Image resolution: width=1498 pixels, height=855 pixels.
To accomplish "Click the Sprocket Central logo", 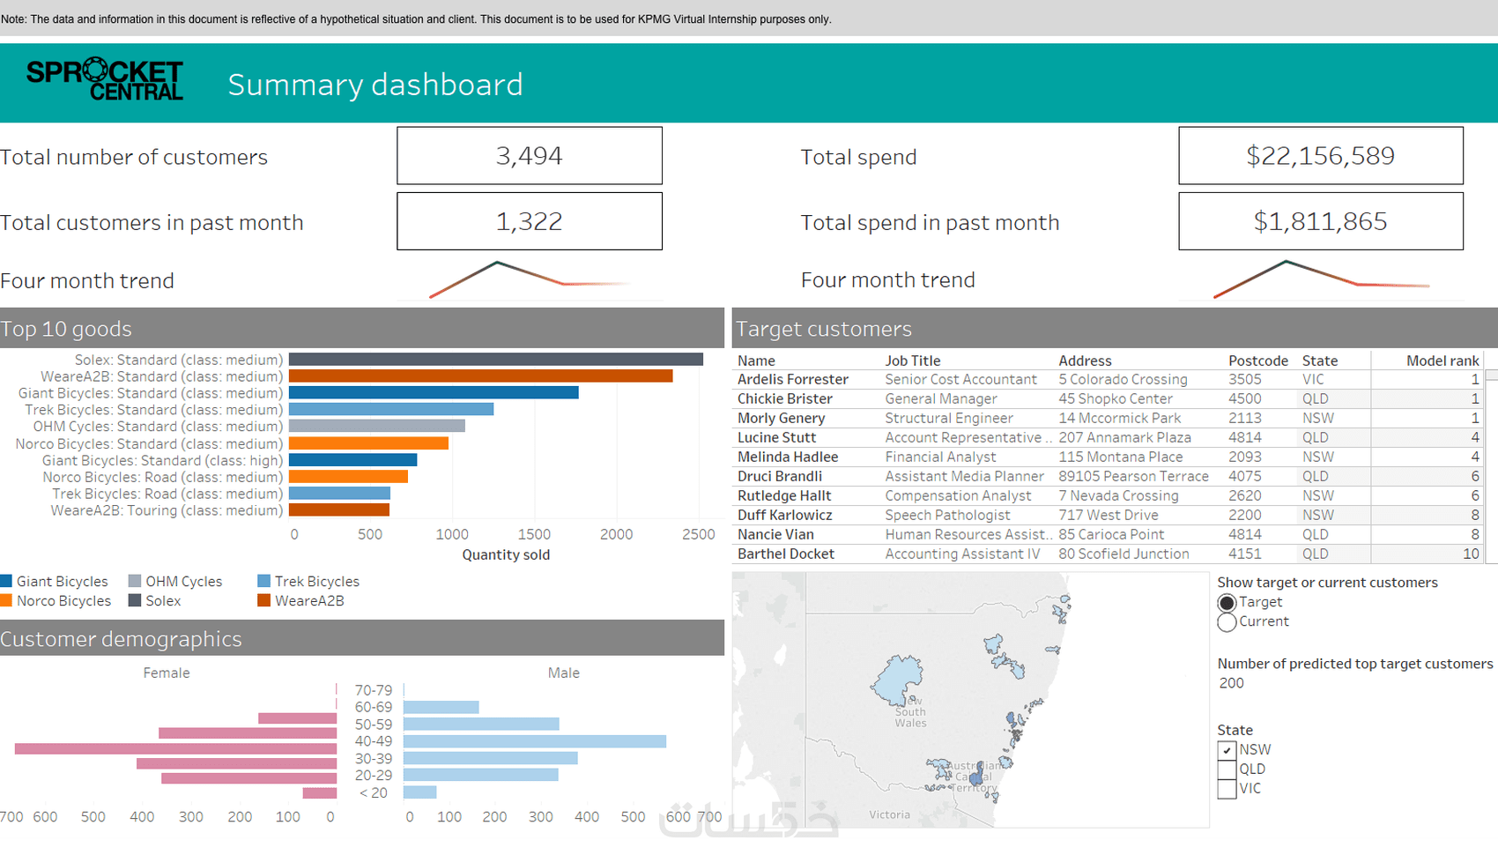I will [x=105, y=80].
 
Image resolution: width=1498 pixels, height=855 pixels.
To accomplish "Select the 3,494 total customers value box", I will [x=529, y=156].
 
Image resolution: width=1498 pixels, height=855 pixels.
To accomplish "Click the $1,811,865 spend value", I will [x=1320, y=221].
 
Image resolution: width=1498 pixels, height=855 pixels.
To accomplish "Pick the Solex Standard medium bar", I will [x=495, y=360].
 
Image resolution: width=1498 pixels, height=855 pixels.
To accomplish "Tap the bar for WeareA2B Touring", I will [x=339, y=510].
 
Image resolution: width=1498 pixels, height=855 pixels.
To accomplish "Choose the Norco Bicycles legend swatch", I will [x=7, y=601].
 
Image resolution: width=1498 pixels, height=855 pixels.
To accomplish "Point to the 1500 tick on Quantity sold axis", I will [x=534, y=534].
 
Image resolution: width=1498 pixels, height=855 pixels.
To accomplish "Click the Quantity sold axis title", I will [x=506, y=554].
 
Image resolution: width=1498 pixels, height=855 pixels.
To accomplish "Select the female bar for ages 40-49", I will [x=175, y=748].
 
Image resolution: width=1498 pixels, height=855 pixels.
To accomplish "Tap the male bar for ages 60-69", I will [x=441, y=707].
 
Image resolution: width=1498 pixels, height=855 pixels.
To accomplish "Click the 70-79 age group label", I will [x=373, y=690].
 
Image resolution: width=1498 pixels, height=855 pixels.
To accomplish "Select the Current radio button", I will [x=1227, y=622].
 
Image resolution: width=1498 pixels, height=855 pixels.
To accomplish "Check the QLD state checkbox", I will [x=1227, y=769].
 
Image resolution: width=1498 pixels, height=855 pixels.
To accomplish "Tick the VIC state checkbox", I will [x=1227, y=789].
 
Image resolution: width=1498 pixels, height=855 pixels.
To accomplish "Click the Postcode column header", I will [x=1257, y=361].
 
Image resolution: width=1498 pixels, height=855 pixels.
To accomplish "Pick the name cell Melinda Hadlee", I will [x=788, y=457].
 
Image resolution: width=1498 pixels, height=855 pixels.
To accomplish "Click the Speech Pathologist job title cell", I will [x=947, y=515].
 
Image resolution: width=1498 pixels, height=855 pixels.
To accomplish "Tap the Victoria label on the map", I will [x=889, y=814].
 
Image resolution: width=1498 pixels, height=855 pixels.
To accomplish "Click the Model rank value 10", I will [x=1471, y=554].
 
